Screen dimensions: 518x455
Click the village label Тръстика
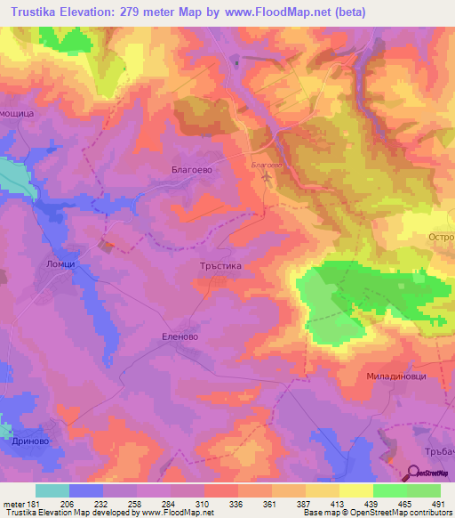(216, 266)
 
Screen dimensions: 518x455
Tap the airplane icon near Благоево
(267, 177)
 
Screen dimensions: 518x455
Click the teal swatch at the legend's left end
(52, 490)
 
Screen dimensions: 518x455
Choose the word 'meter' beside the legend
(13, 503)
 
